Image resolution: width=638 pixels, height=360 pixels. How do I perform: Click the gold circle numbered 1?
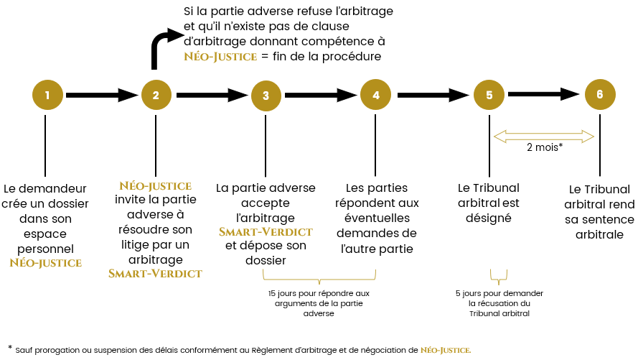point(47,95)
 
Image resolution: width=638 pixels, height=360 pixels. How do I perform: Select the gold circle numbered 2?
point(156,95)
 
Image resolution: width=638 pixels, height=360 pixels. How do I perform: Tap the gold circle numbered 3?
point(266,96)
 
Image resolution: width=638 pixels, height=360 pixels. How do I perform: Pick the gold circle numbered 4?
point(375,95)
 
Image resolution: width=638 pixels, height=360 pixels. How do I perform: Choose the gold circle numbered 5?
point(489,95)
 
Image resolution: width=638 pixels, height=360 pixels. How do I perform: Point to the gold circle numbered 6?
point(600,94)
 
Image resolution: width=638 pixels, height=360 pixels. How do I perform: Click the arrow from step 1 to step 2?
point(102,95)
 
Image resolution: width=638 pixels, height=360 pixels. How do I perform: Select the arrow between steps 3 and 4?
point(321,95)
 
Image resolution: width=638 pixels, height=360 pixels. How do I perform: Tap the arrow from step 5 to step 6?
point(544,94)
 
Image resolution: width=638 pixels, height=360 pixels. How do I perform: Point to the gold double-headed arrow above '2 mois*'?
point(544,137)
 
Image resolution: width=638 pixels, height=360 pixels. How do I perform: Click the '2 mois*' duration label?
point(545,147)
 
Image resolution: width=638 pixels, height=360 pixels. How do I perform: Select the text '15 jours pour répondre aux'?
point(319,293)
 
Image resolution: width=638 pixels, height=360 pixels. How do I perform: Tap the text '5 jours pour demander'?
point(499,293)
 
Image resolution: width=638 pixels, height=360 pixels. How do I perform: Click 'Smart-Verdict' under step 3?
point(266,231)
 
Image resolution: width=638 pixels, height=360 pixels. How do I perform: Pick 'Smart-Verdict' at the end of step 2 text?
point(155,273)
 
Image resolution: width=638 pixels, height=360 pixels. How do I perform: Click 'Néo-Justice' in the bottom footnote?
point(446,350)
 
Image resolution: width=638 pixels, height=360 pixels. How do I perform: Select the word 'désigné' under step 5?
point(489,218)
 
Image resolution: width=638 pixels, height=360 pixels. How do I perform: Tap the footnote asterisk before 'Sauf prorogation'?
point(10,347)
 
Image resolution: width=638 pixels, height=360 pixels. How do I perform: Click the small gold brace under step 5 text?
point(499,277)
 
